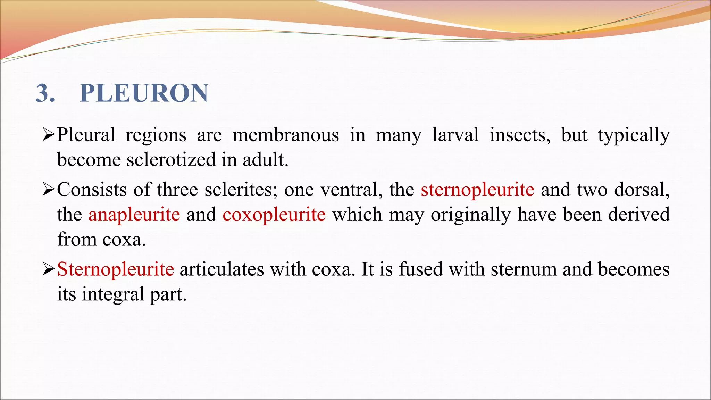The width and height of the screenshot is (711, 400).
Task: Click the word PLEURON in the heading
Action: (144, 93)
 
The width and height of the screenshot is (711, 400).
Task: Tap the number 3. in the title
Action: (45, 93)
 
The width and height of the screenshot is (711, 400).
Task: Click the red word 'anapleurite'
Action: (134, 214)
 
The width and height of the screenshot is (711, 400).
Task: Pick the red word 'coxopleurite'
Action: (274, 214)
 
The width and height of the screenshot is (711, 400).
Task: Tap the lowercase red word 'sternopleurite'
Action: (477, 190)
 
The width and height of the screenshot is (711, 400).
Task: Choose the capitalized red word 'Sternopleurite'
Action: (115, 269)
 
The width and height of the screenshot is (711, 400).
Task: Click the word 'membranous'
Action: (285, 135)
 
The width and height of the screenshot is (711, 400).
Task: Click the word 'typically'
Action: (634, 135)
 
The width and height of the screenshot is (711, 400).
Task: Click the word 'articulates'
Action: (221, 269)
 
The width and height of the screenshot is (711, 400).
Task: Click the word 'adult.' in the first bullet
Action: (265, 160)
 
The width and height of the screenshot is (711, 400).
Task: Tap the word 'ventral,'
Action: (351, 190)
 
